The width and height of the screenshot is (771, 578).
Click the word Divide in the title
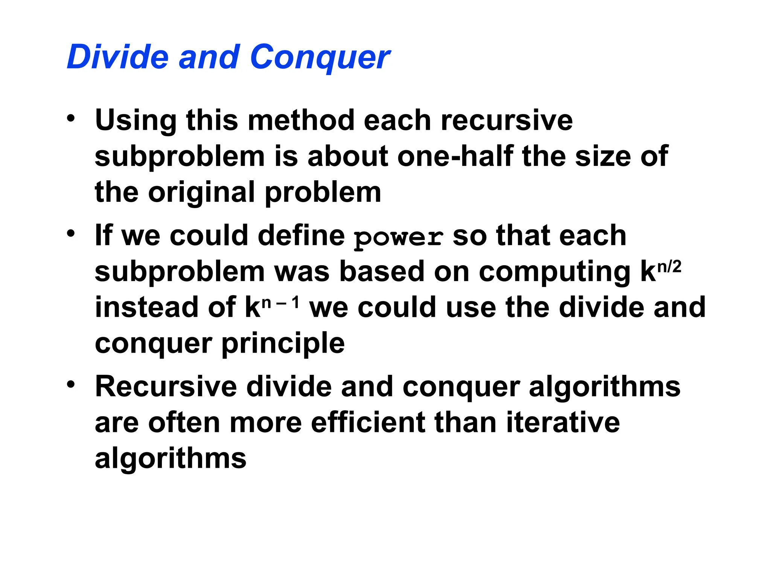[x=117, y=57]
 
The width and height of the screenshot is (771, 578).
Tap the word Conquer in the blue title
[x=320, y=57]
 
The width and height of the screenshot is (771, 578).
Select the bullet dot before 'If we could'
[x=71, y=234]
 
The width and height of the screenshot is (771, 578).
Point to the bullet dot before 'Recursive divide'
[x=71, y=385]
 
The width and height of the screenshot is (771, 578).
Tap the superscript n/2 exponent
[x=669, y=267]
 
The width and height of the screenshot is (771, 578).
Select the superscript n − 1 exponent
[x=281, y=303]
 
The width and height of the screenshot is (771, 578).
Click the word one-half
[x=456, y=156]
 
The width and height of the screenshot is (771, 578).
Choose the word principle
[x=283, y=344]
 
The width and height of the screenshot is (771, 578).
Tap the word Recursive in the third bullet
[x=166, y=386]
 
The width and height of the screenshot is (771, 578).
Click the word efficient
[x=368, y=423]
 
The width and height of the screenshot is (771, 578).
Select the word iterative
[x=563, y=423]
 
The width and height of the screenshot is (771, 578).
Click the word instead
[x=146, y=307]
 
